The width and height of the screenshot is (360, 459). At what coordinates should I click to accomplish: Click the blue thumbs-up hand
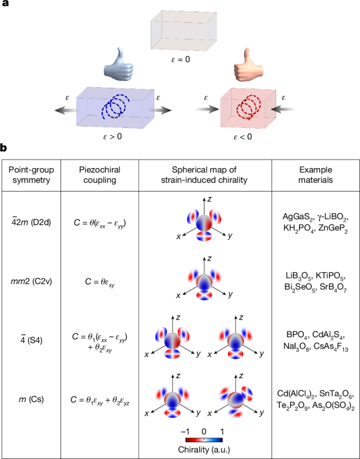coord(118,65)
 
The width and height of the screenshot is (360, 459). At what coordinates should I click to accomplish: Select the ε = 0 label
coord(180,60)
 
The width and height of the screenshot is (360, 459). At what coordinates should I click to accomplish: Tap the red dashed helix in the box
coord(248,107)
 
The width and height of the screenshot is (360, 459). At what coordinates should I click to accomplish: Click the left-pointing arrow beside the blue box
coord(65,110)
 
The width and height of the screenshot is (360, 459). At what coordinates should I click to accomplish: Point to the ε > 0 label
coord(113,137)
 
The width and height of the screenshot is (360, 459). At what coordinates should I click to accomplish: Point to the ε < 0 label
coord(243,137)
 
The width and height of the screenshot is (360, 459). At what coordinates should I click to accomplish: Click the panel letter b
coord(3,148)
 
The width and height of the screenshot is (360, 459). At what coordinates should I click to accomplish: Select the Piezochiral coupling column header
coord(100,175)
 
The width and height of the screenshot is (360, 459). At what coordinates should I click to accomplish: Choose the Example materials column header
coord(316,175)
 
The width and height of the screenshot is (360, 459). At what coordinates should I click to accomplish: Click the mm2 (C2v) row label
coord(31,281)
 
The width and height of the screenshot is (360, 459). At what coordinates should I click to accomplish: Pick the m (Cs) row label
coord(31,399)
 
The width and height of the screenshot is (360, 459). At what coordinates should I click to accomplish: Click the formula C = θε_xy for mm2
coord(100,282)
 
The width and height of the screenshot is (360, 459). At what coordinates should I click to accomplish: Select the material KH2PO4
coord(299,228)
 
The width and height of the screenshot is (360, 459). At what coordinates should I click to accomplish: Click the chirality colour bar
coord(204,440)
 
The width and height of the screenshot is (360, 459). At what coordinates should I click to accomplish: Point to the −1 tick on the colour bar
coord(186,432)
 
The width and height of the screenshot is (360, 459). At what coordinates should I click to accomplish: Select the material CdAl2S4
coord(330,335)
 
